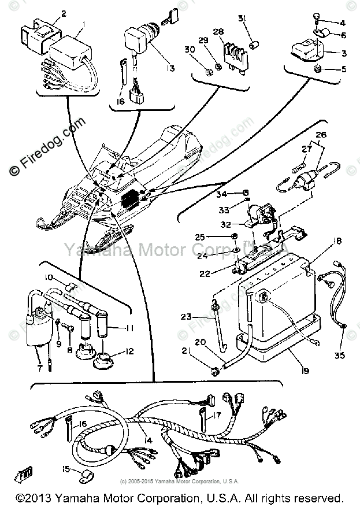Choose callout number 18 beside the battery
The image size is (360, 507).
click(337, 240)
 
